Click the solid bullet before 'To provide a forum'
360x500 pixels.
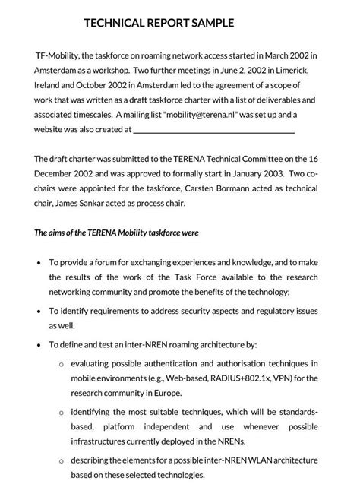tap(39, 262)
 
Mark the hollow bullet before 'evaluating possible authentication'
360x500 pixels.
tap(62, 365)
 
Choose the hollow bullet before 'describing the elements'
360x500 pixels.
tap(62, 460)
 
